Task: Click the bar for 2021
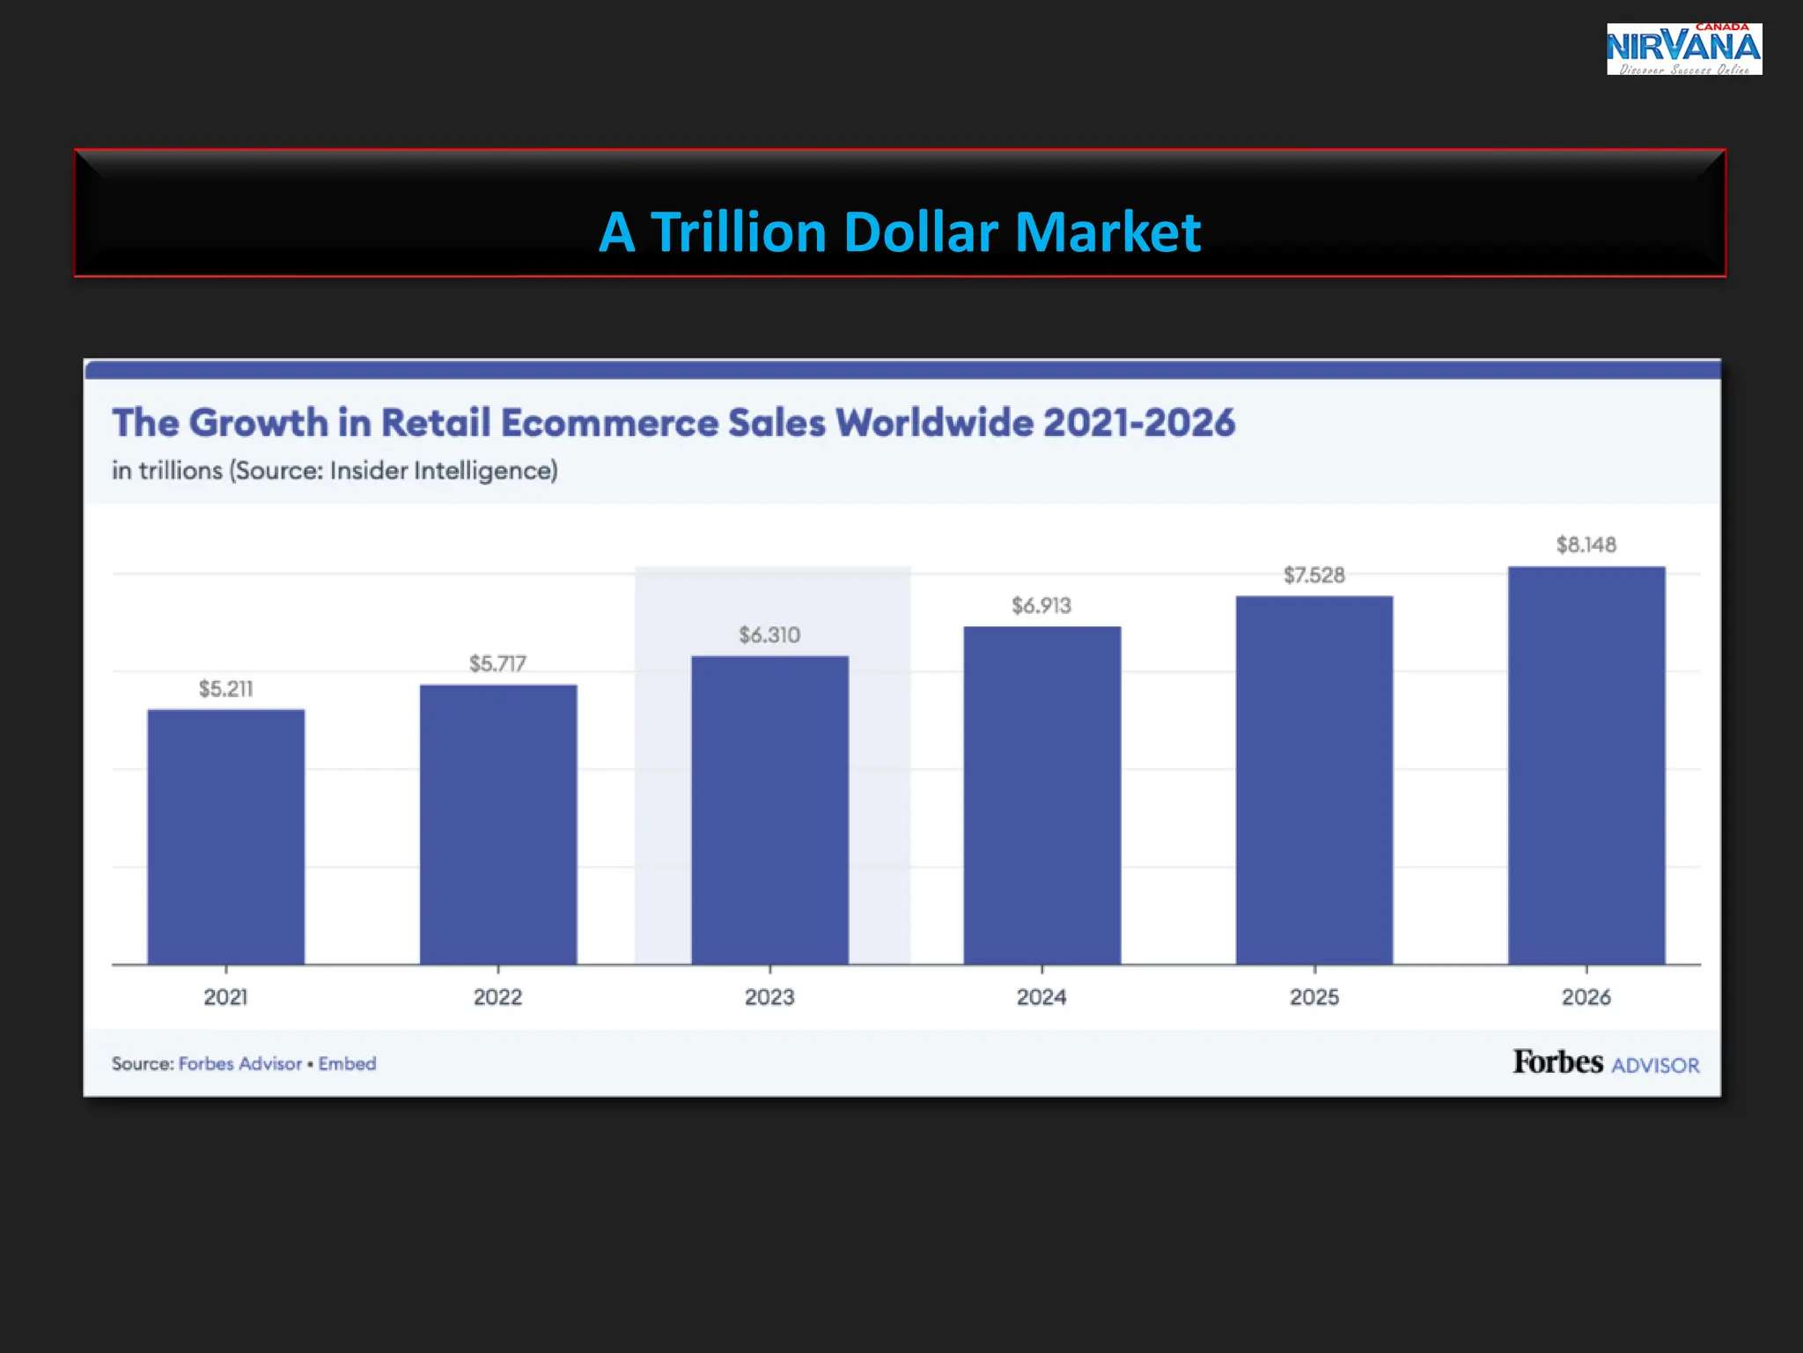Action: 225,837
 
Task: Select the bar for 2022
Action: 498,824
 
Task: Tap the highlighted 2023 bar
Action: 769,810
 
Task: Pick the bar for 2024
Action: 1041,795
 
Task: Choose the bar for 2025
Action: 1314,780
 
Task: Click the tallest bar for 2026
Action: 1586,765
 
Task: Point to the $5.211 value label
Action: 225,689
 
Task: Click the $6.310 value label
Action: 769,635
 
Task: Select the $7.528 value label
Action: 1314,575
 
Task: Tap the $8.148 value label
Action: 1586,544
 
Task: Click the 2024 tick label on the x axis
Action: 1041,997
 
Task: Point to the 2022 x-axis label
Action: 498,997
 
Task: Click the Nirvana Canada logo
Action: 1683,49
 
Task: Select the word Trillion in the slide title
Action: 738,233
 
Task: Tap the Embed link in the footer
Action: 347,1063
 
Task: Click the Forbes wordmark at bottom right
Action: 1557,1061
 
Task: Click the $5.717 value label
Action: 498,663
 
